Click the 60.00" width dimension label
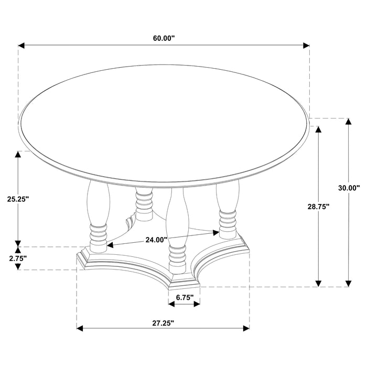click(x=164, y=38)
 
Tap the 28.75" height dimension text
click(x=318, y=207)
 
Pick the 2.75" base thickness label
click(x=17, y=258)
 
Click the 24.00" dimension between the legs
click(x=156, y=240)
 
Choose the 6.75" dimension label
click(x=185, y=298)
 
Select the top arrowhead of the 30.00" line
click(x=348, y=123)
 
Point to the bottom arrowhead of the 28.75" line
click(x=318, y=283)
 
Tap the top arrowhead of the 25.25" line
click(x=19, y=155)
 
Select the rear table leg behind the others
click(x=143, y=202)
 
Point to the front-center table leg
click(x=176, y=231)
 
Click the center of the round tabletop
click(x=164, y=126)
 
